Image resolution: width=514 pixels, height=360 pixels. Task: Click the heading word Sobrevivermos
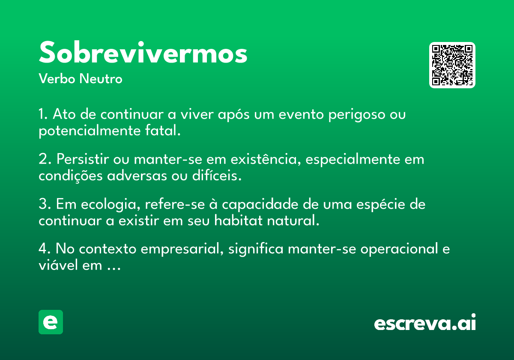[x=143, y=52]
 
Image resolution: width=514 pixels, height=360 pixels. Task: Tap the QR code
[x=452, y=65]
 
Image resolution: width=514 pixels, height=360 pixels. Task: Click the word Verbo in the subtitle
[x=57, y=79]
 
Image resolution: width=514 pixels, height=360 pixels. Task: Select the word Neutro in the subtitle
[x=101, y=79]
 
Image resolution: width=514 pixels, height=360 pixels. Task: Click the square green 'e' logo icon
[x=51, y=322]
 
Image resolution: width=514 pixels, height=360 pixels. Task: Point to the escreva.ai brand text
[x=425, y=322]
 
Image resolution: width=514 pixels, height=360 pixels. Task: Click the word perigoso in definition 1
[x=356, y=115]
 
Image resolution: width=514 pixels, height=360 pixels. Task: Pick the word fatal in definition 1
[x=162, y=131]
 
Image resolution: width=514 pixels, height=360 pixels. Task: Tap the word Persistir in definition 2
[x=83, y=159]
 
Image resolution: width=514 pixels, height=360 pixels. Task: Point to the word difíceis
[x=217, y=176]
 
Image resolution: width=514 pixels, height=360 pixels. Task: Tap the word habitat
[x=238, y=221]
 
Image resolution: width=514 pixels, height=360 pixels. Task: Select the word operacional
[x=399, y=249]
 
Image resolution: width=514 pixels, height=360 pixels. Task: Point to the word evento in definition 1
[x=301, y=115]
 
